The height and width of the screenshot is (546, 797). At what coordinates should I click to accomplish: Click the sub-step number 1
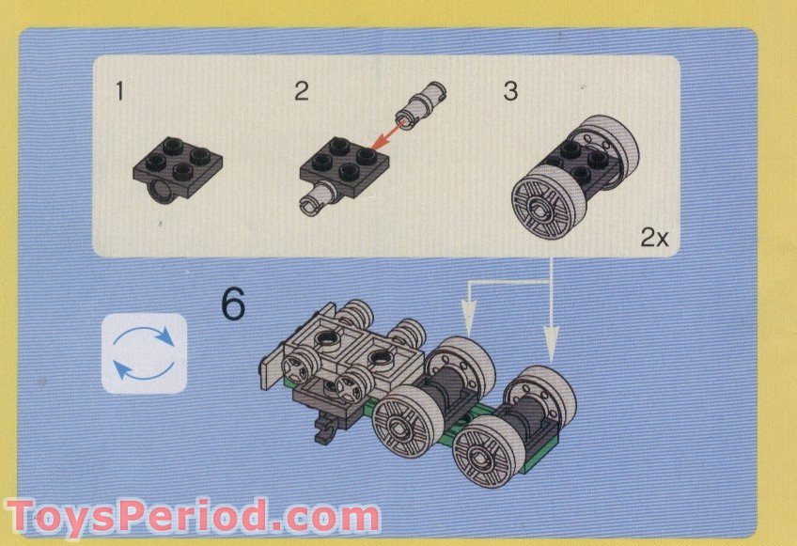coord(119,91)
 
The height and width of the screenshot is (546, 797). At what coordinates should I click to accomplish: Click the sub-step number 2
coord(301,91)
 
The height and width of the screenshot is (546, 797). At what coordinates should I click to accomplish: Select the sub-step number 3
coord(510,91)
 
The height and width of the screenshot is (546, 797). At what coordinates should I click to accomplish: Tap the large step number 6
coord(233,304)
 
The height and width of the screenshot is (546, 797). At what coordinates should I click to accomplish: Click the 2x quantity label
coord(654,238)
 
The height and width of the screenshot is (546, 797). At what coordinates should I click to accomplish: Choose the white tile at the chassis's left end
coord(272,366)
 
